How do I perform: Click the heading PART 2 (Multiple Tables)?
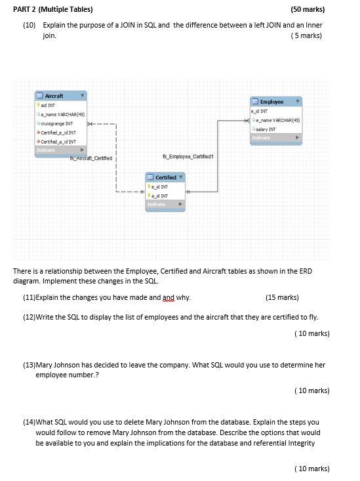(53, 9)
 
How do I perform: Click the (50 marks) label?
(308, 10)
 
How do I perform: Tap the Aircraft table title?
(54, 96)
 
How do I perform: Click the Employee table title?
(271, 102)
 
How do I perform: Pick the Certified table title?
(165, 177)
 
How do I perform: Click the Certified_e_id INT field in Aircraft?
(59, 133)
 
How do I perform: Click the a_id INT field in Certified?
(159, 196)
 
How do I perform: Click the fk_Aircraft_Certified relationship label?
(91, 158)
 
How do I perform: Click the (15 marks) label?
(282, 297)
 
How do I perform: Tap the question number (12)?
(29, 317)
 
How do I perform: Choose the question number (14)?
(29, 422)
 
